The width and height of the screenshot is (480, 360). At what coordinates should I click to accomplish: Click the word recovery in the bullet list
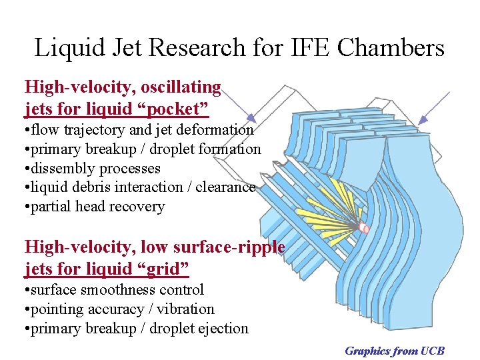pos(139,207)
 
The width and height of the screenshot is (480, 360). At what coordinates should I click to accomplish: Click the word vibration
pos(185,309)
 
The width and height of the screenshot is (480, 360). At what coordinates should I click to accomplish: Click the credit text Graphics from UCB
pos(394,351)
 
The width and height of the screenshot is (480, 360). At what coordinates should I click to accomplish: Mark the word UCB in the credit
pos(433,351)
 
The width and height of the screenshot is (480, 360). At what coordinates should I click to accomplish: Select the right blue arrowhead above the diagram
pos(421,120)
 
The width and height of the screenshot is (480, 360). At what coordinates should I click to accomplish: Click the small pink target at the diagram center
pos(364,228)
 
